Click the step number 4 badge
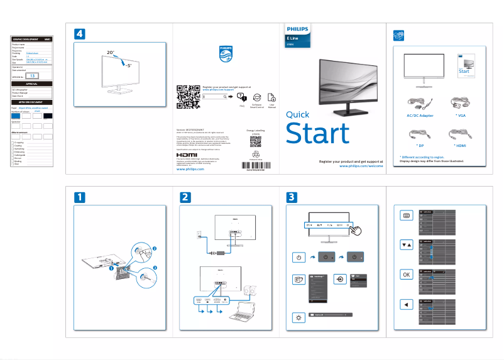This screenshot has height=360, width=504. point(79,33)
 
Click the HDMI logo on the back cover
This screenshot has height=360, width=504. point(187,154)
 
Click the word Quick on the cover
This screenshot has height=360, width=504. point(297,115)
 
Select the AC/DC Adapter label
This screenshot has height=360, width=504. point(417,116)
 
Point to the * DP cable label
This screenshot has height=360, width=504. point(417,145)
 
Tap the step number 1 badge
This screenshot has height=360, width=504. point(79,197)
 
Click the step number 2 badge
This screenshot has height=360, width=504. point(185,197)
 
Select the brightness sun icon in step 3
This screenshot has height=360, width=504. point(299,317)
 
